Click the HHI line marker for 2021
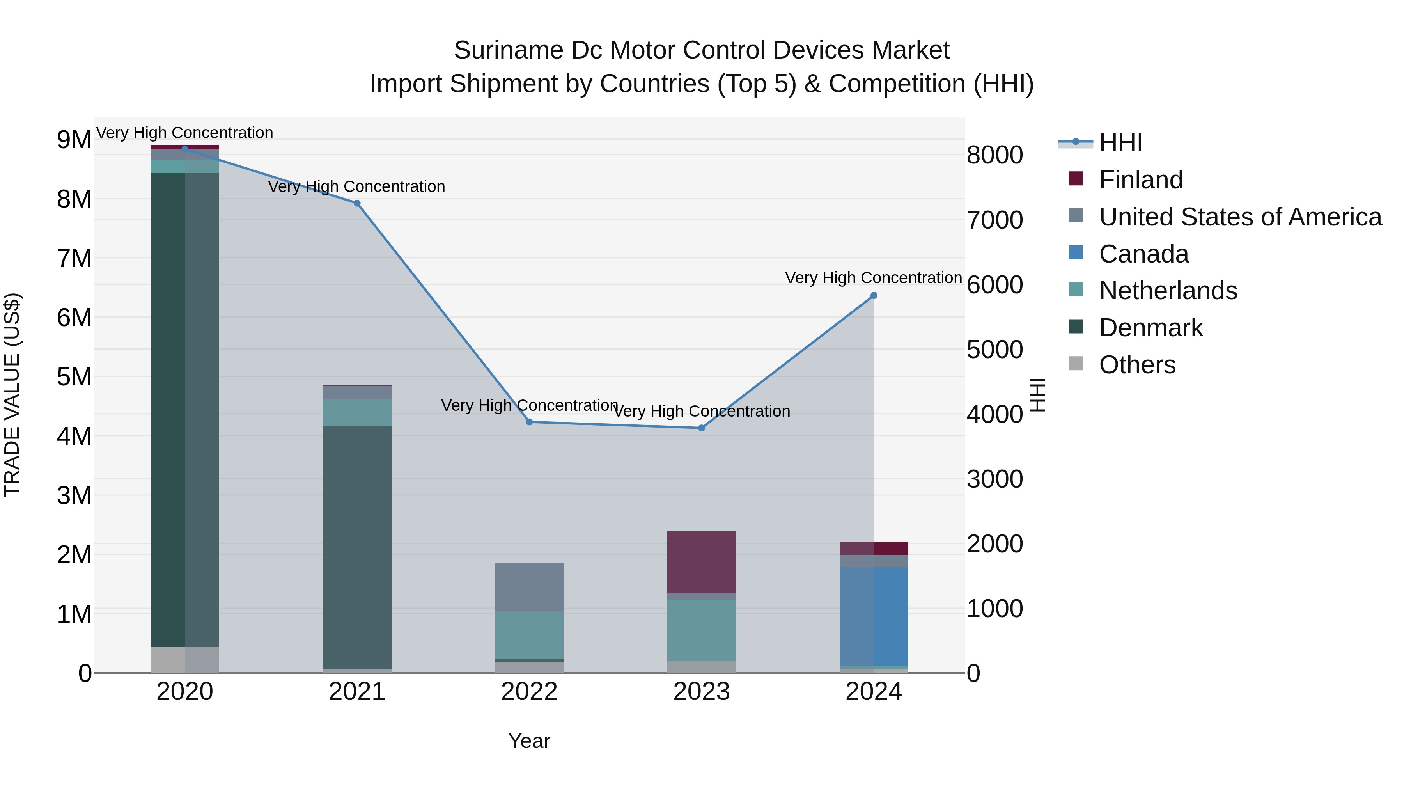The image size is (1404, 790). pos(357,203)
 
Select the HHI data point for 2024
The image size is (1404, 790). pos(874,295)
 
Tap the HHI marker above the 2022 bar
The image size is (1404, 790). pos(529,422)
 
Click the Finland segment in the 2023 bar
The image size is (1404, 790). pos(702,561)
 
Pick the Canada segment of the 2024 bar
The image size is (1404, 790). pos(874,616)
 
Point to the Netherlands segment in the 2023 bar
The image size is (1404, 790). pos(702,630)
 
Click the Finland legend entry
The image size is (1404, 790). pos(1141,180)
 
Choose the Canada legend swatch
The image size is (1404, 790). pos(1075,253)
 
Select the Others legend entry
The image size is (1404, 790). pos(1137,365)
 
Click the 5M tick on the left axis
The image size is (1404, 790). pos(74,377)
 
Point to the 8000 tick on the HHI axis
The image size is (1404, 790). pos(994,155)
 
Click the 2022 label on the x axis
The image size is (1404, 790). pos(529,692)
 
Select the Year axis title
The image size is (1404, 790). pos(529,741)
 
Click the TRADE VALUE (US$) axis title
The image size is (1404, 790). pos(12,395)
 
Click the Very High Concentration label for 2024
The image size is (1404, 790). pos(873,278)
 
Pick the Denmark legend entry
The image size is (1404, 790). pos(1150,328)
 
